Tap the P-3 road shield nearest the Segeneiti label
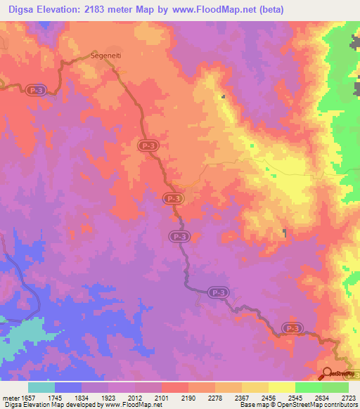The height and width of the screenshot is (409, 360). coord(38,91)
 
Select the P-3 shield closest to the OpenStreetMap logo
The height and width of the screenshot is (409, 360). coord(292,328)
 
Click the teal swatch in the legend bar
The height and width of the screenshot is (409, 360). coord(41,387)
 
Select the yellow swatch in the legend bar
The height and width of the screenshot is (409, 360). coord(281,387)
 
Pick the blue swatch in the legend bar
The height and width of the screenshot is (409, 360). coord(67,387)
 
